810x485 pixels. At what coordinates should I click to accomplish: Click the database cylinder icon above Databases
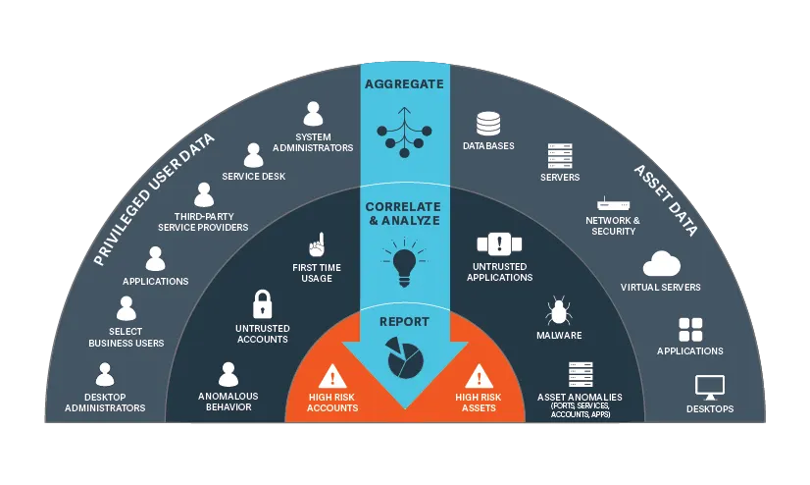tap(488, 124)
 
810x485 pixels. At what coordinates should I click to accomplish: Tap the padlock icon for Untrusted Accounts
tap(263, 304)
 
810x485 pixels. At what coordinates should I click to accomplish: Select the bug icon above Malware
tap(558, 311)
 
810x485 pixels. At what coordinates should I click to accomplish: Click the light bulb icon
tap(404, 262)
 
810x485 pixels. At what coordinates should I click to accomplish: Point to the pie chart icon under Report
tap(405, 357)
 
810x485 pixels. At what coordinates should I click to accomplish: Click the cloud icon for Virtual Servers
tap(661, 264)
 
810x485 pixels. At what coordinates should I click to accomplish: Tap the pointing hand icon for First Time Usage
tap(317, 244)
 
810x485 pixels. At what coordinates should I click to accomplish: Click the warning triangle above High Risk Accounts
tap(332, 376)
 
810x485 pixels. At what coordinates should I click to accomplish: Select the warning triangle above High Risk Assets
tap(479, 376)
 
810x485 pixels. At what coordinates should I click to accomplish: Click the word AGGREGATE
tap(404, 83)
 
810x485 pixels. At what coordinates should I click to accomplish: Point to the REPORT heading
tap(404, 322)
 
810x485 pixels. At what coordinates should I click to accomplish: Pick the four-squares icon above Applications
tap(690, 330)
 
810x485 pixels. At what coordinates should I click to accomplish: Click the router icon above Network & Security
tap(613, 203)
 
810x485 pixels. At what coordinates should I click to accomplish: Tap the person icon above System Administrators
tap(313, 114)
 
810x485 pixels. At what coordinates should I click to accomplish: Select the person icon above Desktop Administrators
tap(105, 374)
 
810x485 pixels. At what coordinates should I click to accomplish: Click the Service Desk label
tap(254, 177)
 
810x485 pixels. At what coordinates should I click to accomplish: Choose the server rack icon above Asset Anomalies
tap(581, 375)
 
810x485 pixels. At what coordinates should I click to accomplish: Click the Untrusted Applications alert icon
tap(499, 243)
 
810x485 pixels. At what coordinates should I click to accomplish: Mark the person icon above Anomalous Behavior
tap(228, 374)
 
